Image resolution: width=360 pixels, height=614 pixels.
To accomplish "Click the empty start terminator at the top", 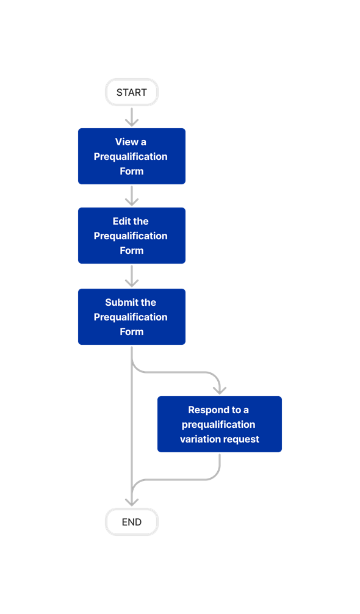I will (x=132, y=92).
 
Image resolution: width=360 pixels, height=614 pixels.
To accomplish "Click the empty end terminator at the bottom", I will (x=132, y=522).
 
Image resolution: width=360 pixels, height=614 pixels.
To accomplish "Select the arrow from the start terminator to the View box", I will (x=132, y=117).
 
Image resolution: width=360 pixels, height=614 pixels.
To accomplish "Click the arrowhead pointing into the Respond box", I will (x=219, y=389).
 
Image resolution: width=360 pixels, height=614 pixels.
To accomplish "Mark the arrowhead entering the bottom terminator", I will (x=132, y=500).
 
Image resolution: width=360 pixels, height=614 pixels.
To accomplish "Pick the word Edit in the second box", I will (x=121, y=221).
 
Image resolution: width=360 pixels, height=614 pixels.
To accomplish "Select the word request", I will (x=242, y=439).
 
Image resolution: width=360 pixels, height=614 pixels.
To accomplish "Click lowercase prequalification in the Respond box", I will (x=218, y=424).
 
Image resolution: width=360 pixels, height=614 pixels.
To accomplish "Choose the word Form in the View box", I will (x=132, y=171).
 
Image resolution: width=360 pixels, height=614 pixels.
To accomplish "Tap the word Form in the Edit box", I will (x=132, y=250).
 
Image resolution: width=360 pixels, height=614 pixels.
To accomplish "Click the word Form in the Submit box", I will (x=132, y=331).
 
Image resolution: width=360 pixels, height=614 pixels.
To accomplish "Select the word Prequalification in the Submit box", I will (x=131, y=317).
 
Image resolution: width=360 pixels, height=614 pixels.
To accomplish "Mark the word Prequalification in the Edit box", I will (x=131, y=236).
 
